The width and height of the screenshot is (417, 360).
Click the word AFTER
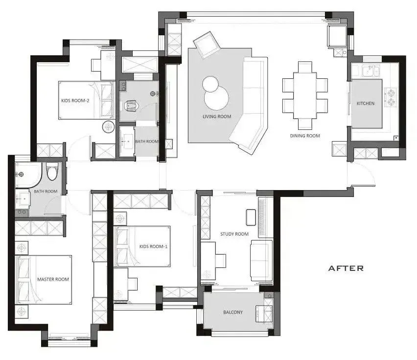click(x=346, y=268)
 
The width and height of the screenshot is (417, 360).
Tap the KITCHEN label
click(x=366, y=103)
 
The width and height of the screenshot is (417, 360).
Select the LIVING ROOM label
click(x=217, y=117)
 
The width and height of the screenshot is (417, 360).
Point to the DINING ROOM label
click(x=305, y=136)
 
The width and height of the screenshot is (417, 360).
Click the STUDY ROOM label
click(x=234, y=234)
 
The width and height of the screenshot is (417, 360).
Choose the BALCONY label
click(x=233, y=312)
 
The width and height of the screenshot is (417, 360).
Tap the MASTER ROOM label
click(x=53, y=279)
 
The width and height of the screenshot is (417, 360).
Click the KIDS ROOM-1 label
click(x=154, y=246)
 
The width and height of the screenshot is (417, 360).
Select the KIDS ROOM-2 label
click(x=75, y=100)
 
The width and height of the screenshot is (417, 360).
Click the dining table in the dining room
click(x=305, y=96)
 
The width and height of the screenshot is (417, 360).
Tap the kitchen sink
click(x=371, y=71)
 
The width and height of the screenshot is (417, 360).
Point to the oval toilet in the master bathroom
click(x=52, y=171)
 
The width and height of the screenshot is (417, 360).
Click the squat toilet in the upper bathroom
click(x=132, y=105)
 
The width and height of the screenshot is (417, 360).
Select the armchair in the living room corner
click(x=207, y=45)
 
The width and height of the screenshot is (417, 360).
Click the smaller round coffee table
click(x=210, y=84)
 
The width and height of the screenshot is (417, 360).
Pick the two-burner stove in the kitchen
click(x=391, y=97)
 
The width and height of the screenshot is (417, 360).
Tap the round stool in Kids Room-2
click(x=108, y=127)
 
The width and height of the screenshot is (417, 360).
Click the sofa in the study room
click(x=261, y=261)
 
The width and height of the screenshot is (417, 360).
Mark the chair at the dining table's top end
click(x=305, y=67)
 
